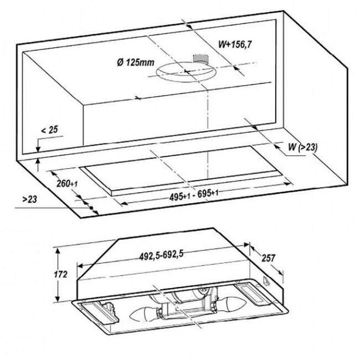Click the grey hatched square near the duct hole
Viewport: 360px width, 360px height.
200,59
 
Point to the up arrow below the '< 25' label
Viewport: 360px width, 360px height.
37,163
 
